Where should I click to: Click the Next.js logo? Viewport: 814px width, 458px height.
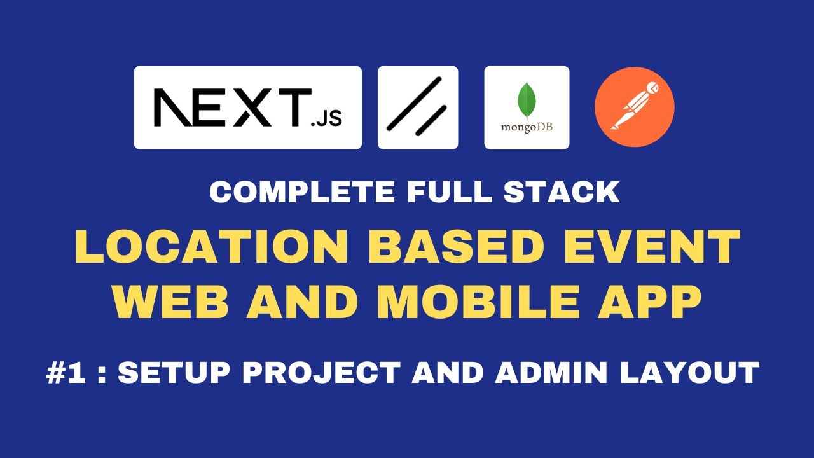coord(247,108)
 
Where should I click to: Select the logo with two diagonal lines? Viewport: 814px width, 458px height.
coord(418,108)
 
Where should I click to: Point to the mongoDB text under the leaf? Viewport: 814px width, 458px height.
coord(527,127)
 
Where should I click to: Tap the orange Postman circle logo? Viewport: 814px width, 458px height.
coord(634,108)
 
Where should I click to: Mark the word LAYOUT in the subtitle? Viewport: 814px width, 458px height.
coord(691,373)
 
